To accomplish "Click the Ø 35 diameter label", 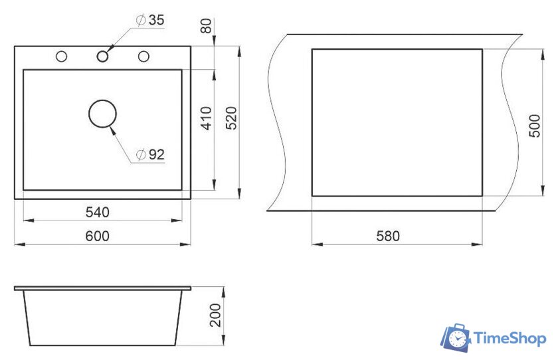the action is [x=150, y=21].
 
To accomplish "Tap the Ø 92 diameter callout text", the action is [x=151, y=154].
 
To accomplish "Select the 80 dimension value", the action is [x=206, y=26].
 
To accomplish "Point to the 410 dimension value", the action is [x=206, y=118].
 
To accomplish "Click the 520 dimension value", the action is [x=231, y=118].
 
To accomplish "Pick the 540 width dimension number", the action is [x=98, y=213].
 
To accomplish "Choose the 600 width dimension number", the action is [x=98, y=236].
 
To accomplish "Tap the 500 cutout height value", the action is [x=535, y=126].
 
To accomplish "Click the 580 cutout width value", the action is [x=388, y=236].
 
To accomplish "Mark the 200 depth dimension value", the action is [x=215, y=315].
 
